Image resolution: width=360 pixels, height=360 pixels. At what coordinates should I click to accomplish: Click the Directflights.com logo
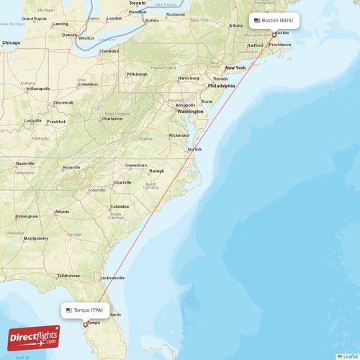click(34, 338)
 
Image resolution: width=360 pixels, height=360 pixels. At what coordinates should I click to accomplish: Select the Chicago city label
click(11, 43)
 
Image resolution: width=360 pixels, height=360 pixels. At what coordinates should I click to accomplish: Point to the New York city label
click(235, 68)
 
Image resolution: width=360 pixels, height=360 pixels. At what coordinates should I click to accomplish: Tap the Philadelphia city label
click(221, 86)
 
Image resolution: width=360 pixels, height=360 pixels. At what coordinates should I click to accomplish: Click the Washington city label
click(190, 112)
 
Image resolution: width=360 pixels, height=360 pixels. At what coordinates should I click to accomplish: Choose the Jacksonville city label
click(113, 278)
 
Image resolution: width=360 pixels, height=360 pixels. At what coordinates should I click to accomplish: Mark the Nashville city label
click(26, 163)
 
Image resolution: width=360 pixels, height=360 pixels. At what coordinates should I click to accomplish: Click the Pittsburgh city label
click(137, 74)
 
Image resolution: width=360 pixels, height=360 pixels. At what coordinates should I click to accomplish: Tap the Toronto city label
click(137, 3)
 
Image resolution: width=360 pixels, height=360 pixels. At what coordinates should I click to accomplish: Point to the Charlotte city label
click(122, 182)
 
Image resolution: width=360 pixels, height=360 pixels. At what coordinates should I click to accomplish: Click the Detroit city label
click(70, 35)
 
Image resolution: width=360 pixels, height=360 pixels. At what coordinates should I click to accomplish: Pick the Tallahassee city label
click(69, 275)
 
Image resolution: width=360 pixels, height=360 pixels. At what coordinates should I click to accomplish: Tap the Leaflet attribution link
click(350, 356)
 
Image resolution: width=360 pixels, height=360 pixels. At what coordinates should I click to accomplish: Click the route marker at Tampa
click(85, 325)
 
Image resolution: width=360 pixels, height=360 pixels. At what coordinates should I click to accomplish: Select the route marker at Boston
click(274, 34)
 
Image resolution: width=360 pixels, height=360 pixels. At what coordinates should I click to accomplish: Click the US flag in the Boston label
click(256, 20)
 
